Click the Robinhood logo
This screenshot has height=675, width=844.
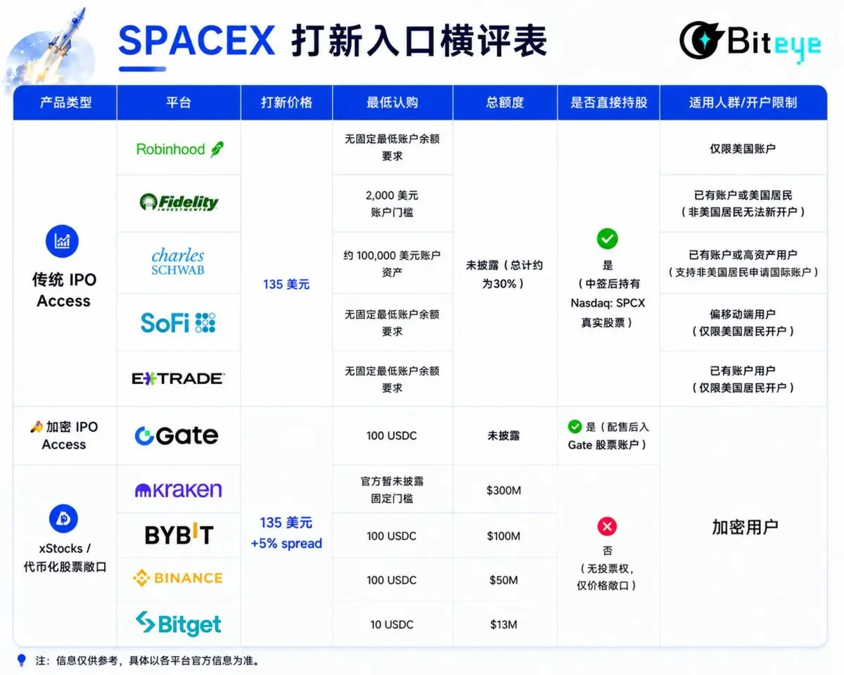[x=180, y=149]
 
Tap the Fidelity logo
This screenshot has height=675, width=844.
[x=179, y=202]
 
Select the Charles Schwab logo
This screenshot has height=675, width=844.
[x=178, y=262]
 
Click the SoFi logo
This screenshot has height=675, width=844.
[x=178, y=323]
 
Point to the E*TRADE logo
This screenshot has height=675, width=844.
[x=179, y=378]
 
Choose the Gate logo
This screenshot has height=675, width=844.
[x=177, y=436]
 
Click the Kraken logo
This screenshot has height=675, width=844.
[x=179, y=490]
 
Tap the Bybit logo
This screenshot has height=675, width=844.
[x=179, y=534]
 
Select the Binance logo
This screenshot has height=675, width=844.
[x=178, y=578]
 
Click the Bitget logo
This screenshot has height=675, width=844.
[x=179, y=624]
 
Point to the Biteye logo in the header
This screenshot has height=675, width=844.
[x=750, y=41]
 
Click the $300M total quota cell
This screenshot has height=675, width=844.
[x=504, y=490]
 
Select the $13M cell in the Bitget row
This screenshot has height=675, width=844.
[x=504, y=624]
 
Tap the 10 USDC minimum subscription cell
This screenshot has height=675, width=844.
[x=392, y=624]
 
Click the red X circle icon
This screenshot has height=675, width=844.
[x=607, y=527]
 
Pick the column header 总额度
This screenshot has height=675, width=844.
[x=505, y=103]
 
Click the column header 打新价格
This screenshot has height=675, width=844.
[x=287, y=103]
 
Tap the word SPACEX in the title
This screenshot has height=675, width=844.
[x=196, y=40]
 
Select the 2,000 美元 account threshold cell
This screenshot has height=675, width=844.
[x=392, y=204]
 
